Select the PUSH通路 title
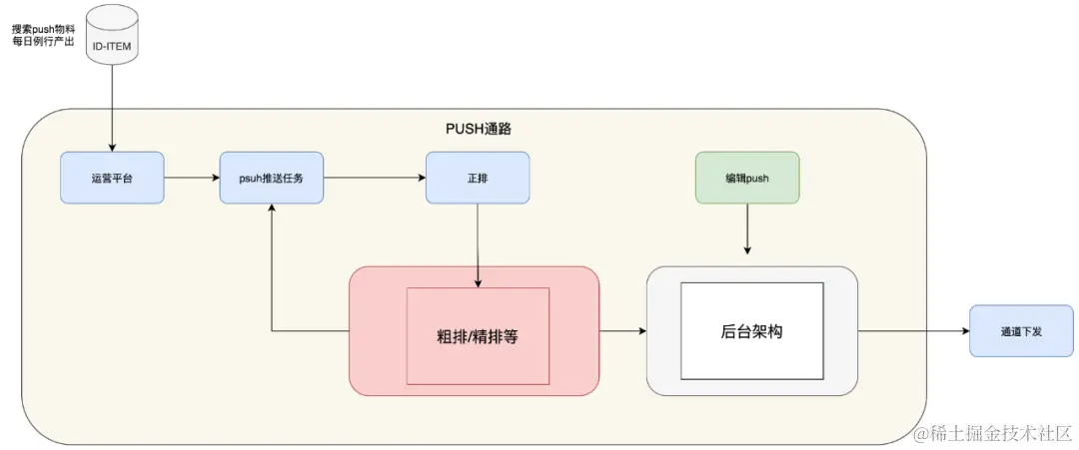(x=479, y=129)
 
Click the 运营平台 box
(x=112, y=178)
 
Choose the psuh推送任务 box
(x=271, y=178)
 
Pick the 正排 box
(x=478, y=178)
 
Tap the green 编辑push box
(x=746, y=178)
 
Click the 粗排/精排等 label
(x=478, y=336)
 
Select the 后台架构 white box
(x=751, y=331)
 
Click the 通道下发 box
(x=1021, y=331)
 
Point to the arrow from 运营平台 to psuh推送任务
(x=191, y=178)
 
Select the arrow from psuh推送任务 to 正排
(x=375, y=178)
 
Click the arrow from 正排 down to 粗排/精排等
(x=478, y=244)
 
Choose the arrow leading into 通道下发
(x=913, y=331)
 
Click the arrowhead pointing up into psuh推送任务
(x=271, y=212)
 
